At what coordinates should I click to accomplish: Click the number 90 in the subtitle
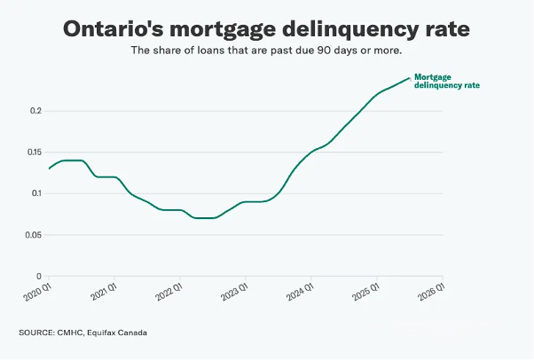click(x=325, y=51)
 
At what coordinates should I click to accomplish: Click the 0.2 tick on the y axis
click(x=35, y=111)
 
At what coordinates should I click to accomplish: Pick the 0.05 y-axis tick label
click(x=32, y=234)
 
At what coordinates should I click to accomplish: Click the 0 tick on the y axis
click(x=39, y=276)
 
